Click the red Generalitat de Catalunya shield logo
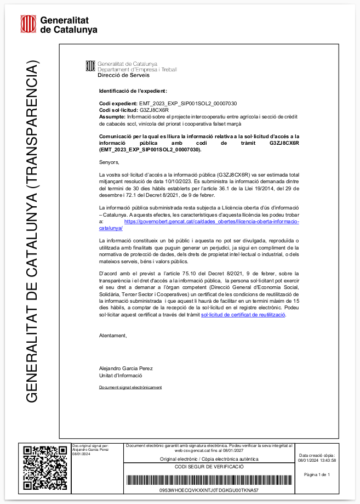pyautogui.click(x=28, y=24)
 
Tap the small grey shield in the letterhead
pyautogui.click(x=90, y=66)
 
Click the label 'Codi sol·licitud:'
pyautogui.click(x=118, y=110)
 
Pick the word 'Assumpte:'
pyautogui.click(x=112, y=117)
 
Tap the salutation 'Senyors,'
pyautogui.click(x=108, y=162)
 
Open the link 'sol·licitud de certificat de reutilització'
pyautogui.click(x=243, y=315)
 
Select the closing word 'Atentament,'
pyautogui.click(x=112, y=335)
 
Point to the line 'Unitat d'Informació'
pyautogui.click(x=120, y=376)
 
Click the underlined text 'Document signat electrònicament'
pyautogui.click(x=130, y=387)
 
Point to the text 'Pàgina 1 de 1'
pyautogui.click(x=317, y=475)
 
